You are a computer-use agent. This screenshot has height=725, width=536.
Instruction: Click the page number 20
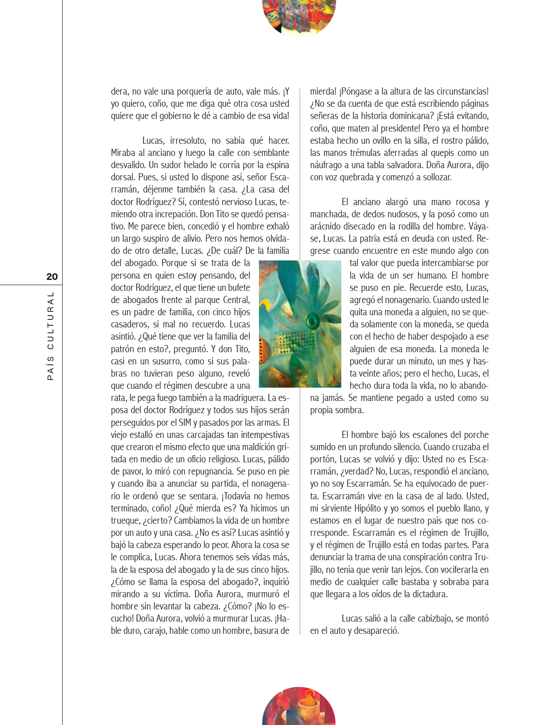(52, 277)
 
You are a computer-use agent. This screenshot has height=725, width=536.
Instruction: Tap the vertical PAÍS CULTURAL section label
(51, 336)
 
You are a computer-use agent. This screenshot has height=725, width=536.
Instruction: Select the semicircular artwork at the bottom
(299, 707)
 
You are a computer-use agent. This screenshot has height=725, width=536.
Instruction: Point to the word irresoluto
(188, 140)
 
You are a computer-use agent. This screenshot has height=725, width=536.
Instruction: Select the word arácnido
(327, 226)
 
